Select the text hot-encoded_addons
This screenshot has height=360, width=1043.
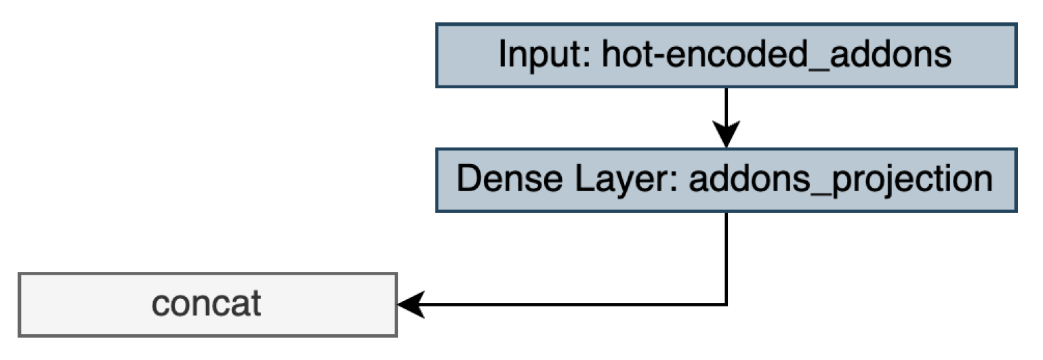point(767,56)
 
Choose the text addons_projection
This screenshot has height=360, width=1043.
point(840,180)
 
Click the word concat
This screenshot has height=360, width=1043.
point(207,304)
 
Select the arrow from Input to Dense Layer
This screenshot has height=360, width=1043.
point(726,112)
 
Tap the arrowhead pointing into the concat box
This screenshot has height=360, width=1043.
point(409,304)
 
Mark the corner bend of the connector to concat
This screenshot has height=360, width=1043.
point(726,304)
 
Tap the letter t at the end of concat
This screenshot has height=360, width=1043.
point(255,304)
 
